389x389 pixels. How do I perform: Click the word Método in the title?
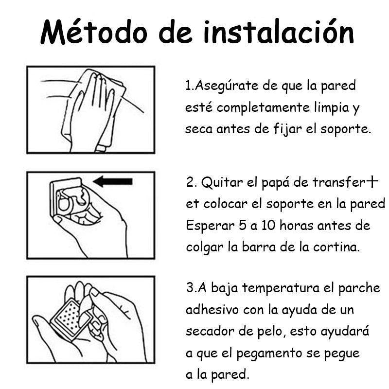(x=94, y=32)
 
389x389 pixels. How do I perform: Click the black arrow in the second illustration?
(x=113, y=181)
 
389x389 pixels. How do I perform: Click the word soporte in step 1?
(x=343, y=129)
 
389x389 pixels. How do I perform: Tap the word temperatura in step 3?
(x=281, y=288)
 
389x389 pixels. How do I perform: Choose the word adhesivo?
(x=212, y=310)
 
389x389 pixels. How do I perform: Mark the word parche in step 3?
(x=359, y=288)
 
